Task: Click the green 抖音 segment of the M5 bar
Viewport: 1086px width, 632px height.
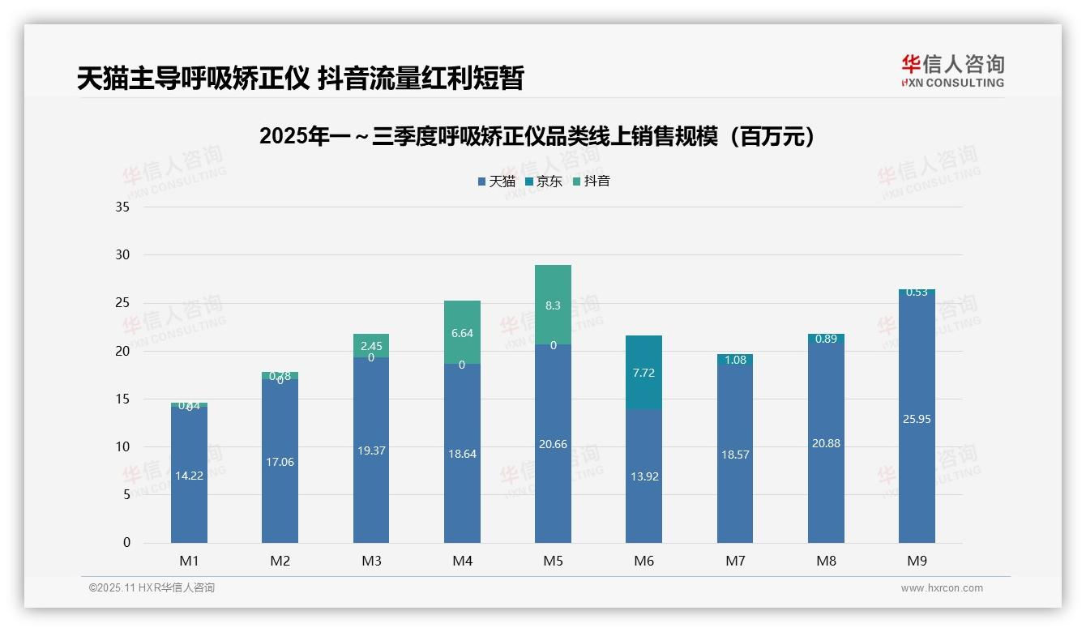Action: pyautogui.click(x=553, y=305)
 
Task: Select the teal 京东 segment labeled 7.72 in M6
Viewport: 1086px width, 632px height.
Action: pyautogui.click(x=644, y=373)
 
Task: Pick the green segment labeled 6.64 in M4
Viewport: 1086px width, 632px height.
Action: pyautogui.click(x=462, y=332)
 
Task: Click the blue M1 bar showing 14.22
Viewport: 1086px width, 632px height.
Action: pyautogui.click(x=189, y=475)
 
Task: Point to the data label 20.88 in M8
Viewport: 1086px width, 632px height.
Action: pyautogui.click(x=826, y=443)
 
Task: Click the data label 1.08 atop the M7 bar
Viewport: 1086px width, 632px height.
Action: pyautogui.click(x=735, y=360)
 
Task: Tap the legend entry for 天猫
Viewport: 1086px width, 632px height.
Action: pyautogui.click(x=497, y=181)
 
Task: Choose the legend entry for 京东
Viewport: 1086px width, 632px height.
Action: pyautogui.click(x=544, y=181)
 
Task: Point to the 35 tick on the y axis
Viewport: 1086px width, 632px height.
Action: pyautogui.click(x=122, y=207)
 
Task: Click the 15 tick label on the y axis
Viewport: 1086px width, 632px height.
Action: pyautogui.click(x=122, y=399)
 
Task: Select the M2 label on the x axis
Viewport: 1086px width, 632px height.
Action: pyautogui.click(x=280, y=561)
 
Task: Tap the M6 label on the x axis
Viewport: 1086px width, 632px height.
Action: pyautogui.click(x=644, y=561)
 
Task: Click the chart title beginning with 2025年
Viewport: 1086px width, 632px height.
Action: pyautogui.click(x=537, y=136)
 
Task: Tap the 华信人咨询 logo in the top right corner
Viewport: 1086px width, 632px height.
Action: pyautogui.click(x=952, y=70)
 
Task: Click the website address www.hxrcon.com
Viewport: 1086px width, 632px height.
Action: pyautogui.click(x=942, y=588)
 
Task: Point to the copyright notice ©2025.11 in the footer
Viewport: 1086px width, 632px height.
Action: pyautogui.click(x=152, y=588)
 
